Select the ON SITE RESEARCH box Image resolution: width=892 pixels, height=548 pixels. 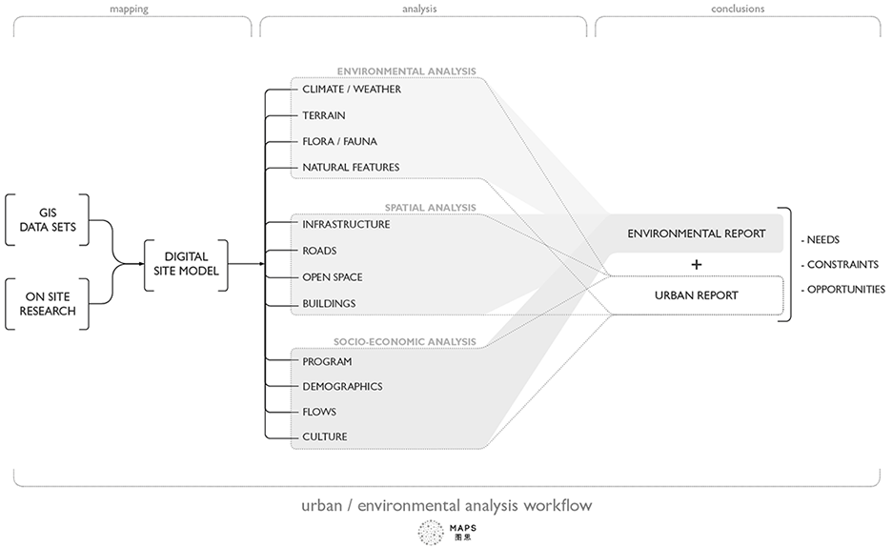click(x=49, y=304)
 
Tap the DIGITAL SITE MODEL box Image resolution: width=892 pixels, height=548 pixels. click(x=187, y=264)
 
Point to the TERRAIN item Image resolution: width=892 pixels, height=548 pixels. click(x=324, y=115)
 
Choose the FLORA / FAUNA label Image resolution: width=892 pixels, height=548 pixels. click(x=339, y=142)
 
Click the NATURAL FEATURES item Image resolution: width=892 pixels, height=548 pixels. click(x=351, y=168)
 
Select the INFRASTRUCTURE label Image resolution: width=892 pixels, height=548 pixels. click(x=346, y=225)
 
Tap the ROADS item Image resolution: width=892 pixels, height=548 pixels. click(x=319, y=252)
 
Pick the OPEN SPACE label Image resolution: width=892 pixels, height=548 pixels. click(x=333, y=277)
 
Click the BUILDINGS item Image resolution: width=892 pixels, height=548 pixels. click(x=329, y=304)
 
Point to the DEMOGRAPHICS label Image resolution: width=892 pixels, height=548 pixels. click(x=342, y=387)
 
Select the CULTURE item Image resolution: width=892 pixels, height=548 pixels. click(x=325, y=437)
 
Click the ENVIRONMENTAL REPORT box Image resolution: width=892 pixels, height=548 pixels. click(x=696, y=233)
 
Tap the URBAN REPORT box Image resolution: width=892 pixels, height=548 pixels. click(x=696, y=295)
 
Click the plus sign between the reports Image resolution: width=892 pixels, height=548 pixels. click(x=697, y=264)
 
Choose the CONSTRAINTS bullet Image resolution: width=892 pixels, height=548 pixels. click(x=841, y=264)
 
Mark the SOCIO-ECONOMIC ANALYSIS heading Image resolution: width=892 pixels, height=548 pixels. click(x=404, y=341)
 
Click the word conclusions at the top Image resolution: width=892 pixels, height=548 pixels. click(x=737, y=10)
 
